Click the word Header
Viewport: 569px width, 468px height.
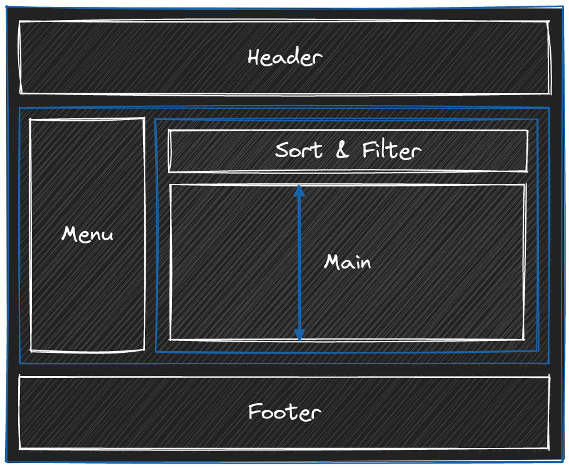284,58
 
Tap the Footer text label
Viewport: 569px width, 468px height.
284,412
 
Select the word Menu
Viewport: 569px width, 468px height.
88,235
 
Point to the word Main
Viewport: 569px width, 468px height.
347,262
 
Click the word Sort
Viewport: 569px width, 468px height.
299,150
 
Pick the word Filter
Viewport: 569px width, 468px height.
391,150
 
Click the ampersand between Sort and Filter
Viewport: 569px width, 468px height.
342,150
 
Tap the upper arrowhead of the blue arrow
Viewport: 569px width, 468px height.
300,190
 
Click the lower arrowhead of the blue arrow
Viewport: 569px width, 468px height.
300,335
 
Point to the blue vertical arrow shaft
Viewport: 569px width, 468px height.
300,263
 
